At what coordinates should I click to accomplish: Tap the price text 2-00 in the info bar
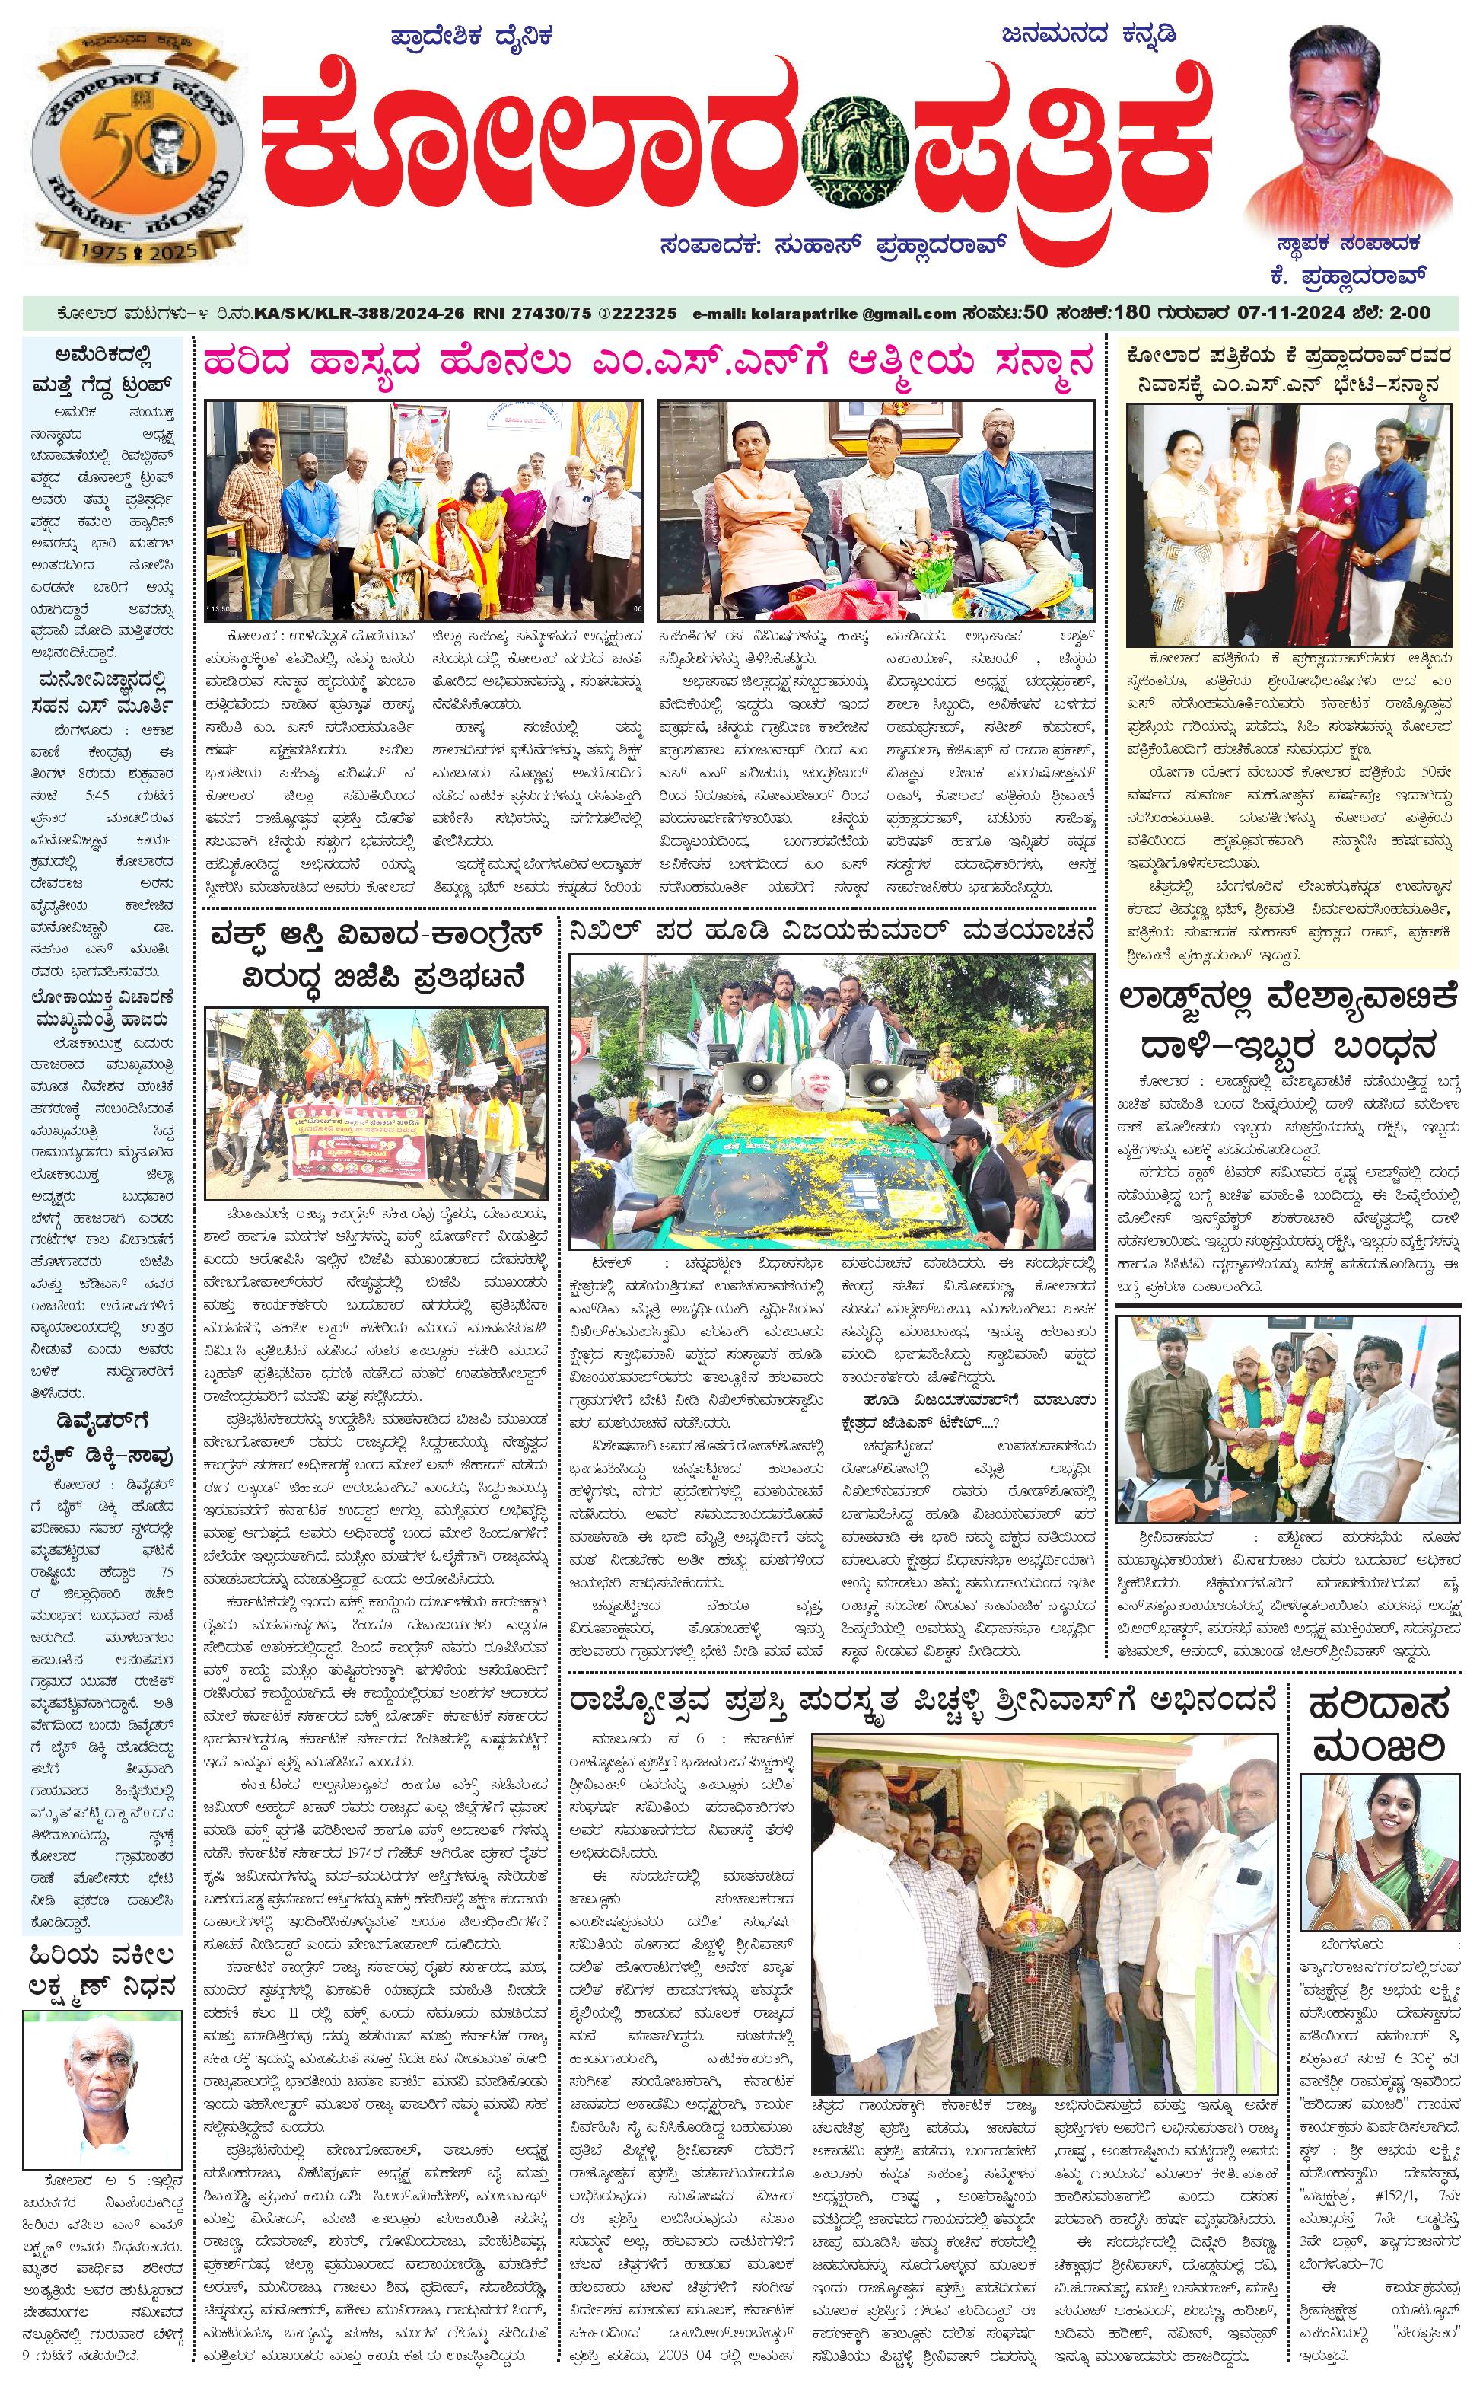pyautogui.click(x=1409, y=313)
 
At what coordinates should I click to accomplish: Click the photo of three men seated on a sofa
pyautogui.click(x=875, y=510)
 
